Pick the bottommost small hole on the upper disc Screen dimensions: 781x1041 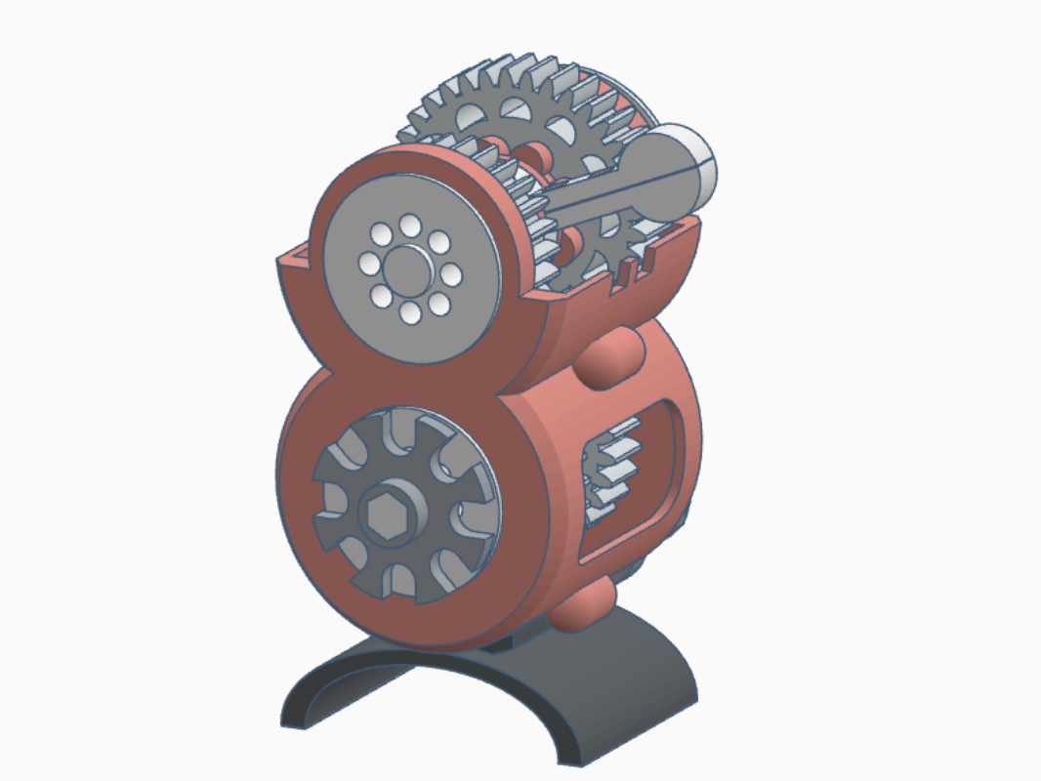click(410, 311)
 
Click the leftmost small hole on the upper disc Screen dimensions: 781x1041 click(369, 264)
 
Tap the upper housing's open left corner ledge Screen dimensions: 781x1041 click(293, 256)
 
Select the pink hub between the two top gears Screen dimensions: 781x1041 click(535, 154)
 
